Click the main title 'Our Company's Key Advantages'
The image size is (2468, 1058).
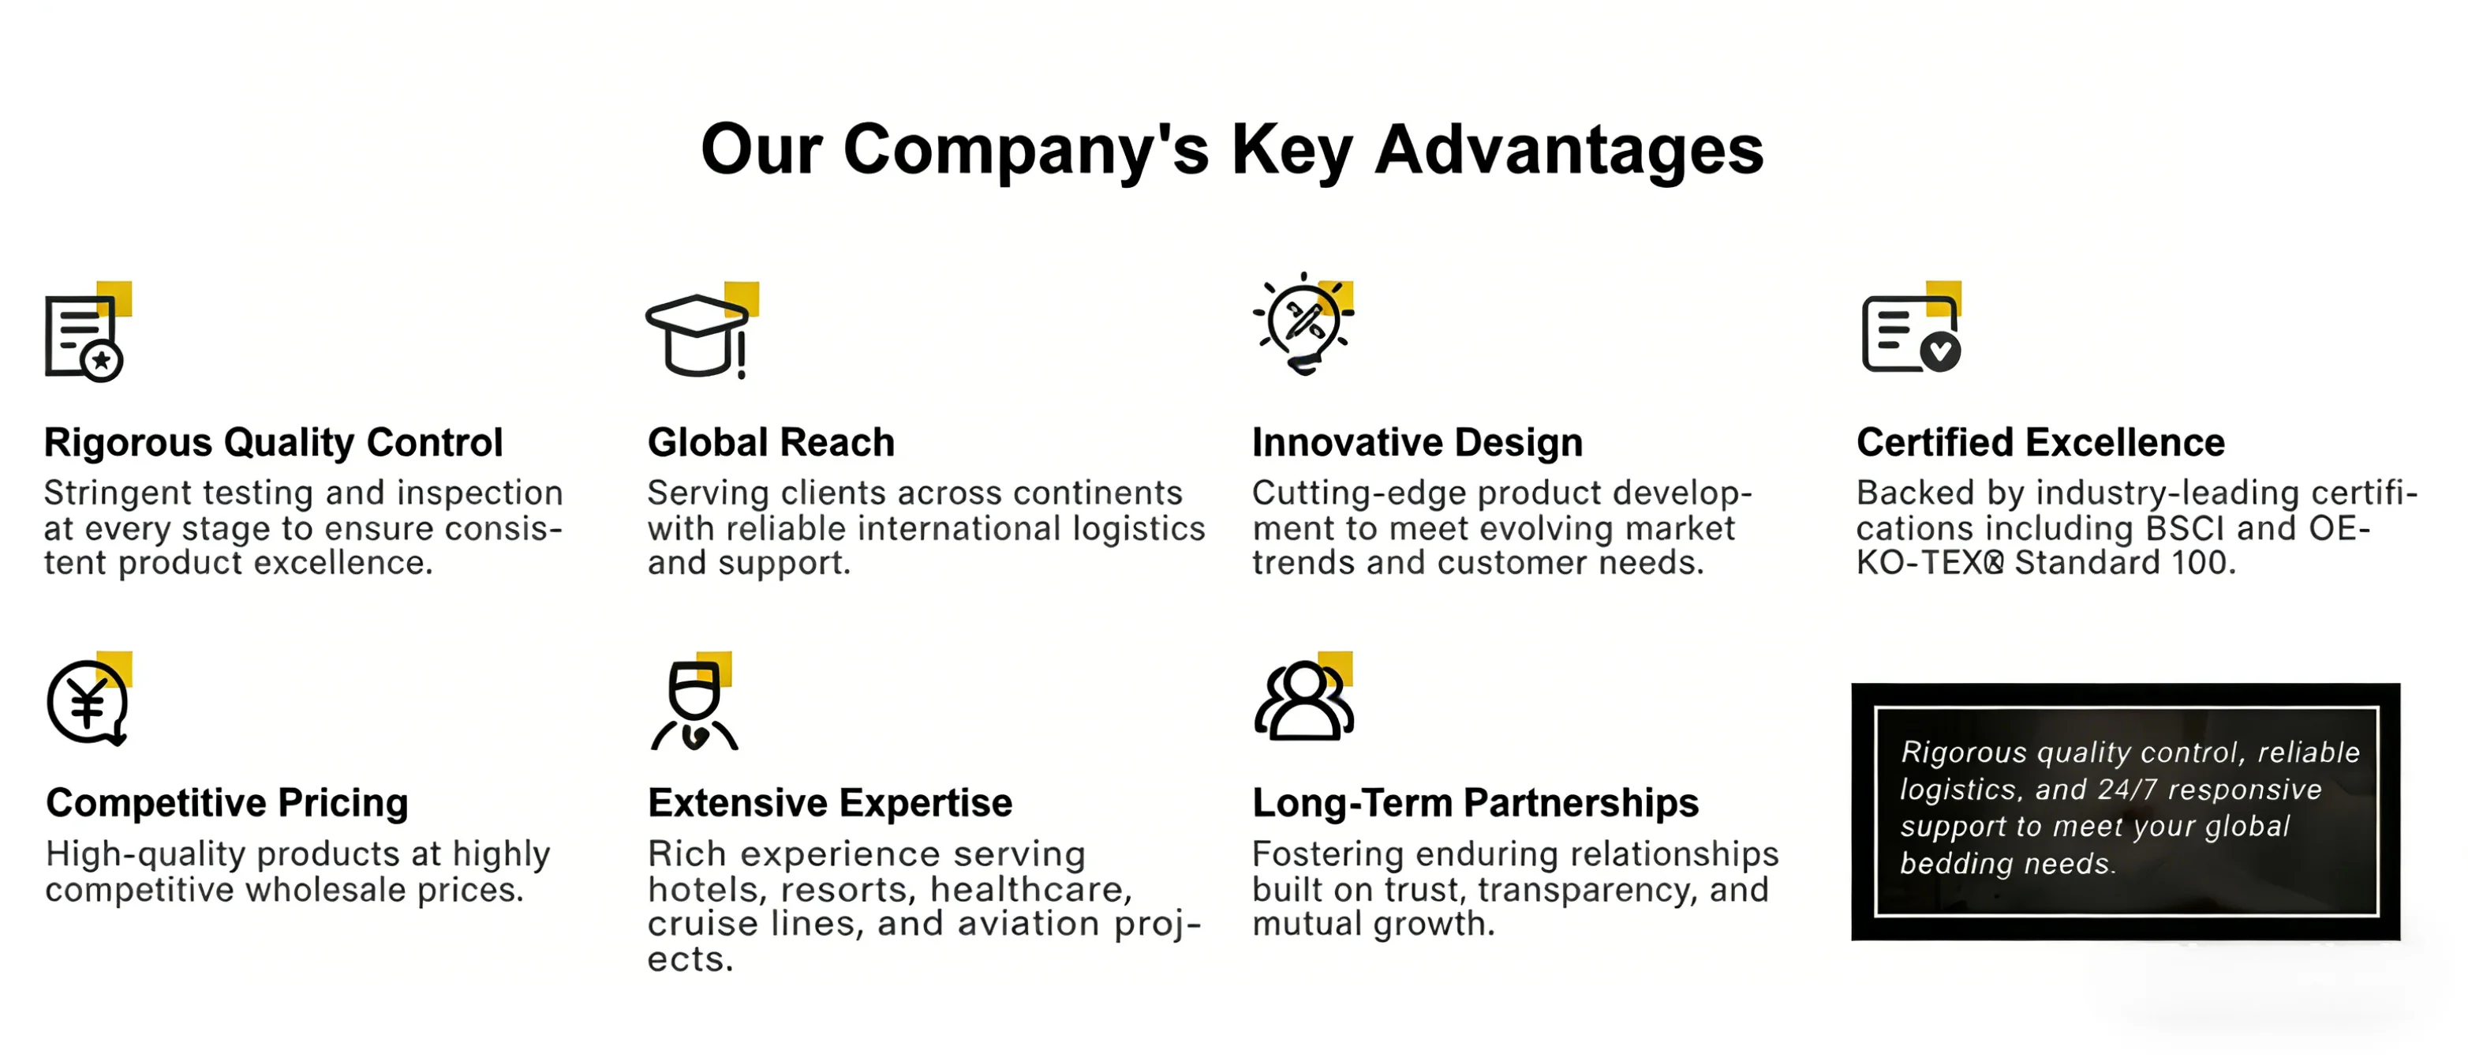tap(1232, 151)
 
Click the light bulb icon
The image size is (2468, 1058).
tap(1303, 324)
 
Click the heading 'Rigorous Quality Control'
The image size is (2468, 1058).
tap(273, 443)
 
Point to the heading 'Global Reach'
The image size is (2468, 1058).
tap(772, 443)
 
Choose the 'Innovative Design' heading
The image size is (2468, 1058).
tap(1417, 443)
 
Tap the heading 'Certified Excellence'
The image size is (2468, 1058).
tap(2040, 443)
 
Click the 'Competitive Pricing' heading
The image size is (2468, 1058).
tap(227, 803)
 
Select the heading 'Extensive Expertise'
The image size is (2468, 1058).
tap(830, 803)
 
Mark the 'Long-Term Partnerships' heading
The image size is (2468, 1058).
tap(1475, 803)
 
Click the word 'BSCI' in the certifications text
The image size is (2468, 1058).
tap(2186, 529)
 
